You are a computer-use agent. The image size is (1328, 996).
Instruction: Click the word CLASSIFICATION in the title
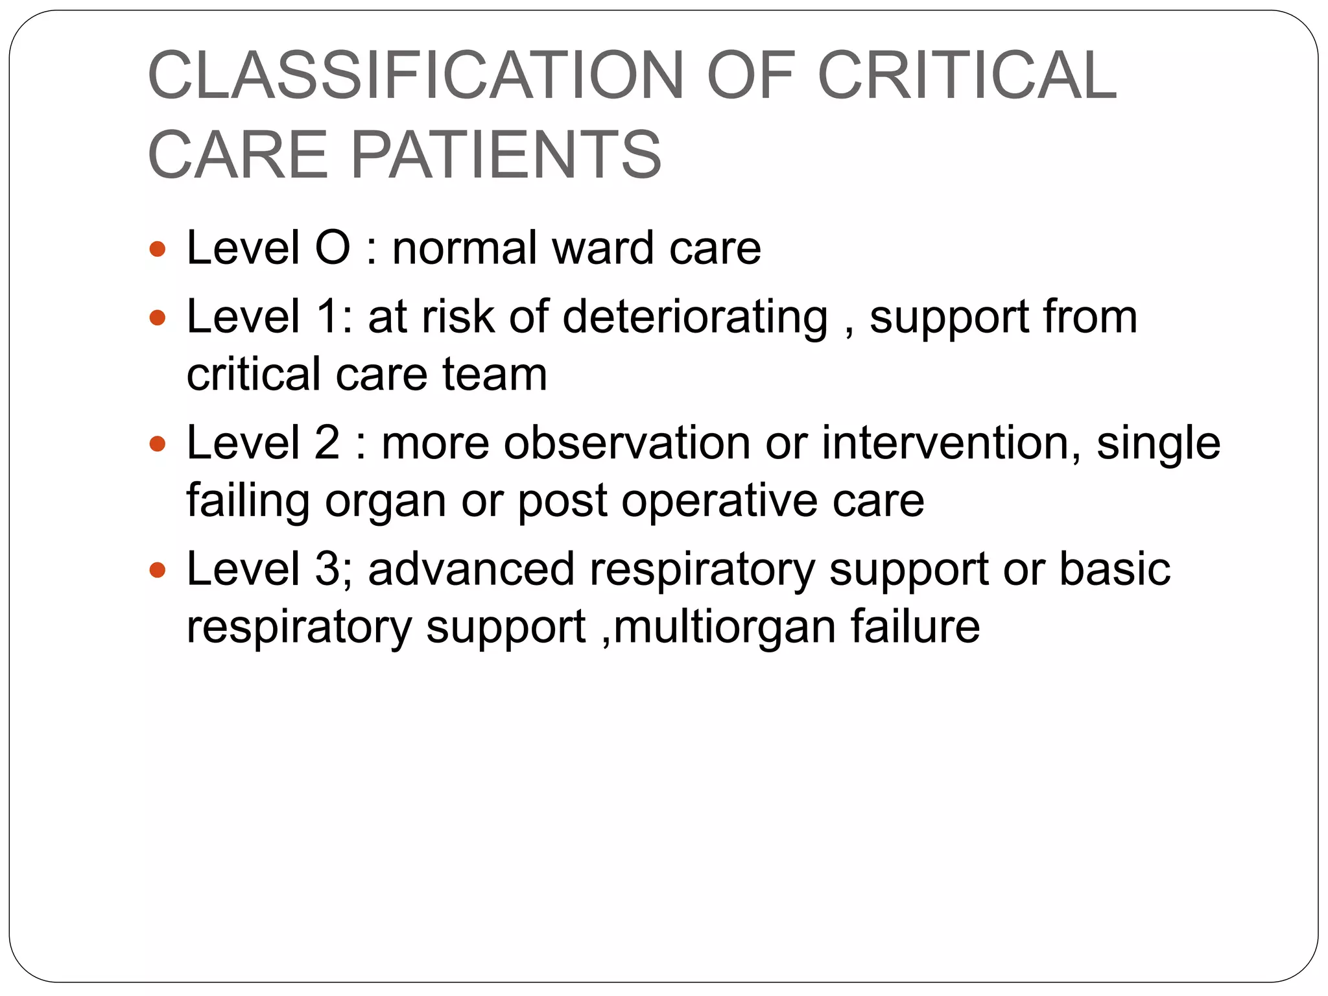[416, 76]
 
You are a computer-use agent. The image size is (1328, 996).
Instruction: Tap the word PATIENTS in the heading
[506, 155]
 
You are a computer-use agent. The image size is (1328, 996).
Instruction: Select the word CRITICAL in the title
[967, 76]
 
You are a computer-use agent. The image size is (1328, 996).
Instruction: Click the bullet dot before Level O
[158, 249]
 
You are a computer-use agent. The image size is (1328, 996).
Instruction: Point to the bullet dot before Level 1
[158, 318]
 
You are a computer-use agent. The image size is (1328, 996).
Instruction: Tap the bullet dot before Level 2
[158, 444]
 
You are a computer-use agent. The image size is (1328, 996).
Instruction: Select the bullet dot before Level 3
[158, 571]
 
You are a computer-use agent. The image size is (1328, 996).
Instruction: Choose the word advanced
[471, 569]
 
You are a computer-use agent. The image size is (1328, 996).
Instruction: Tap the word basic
[1115, 569]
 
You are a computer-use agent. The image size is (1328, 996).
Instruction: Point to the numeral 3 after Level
[327, 569]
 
